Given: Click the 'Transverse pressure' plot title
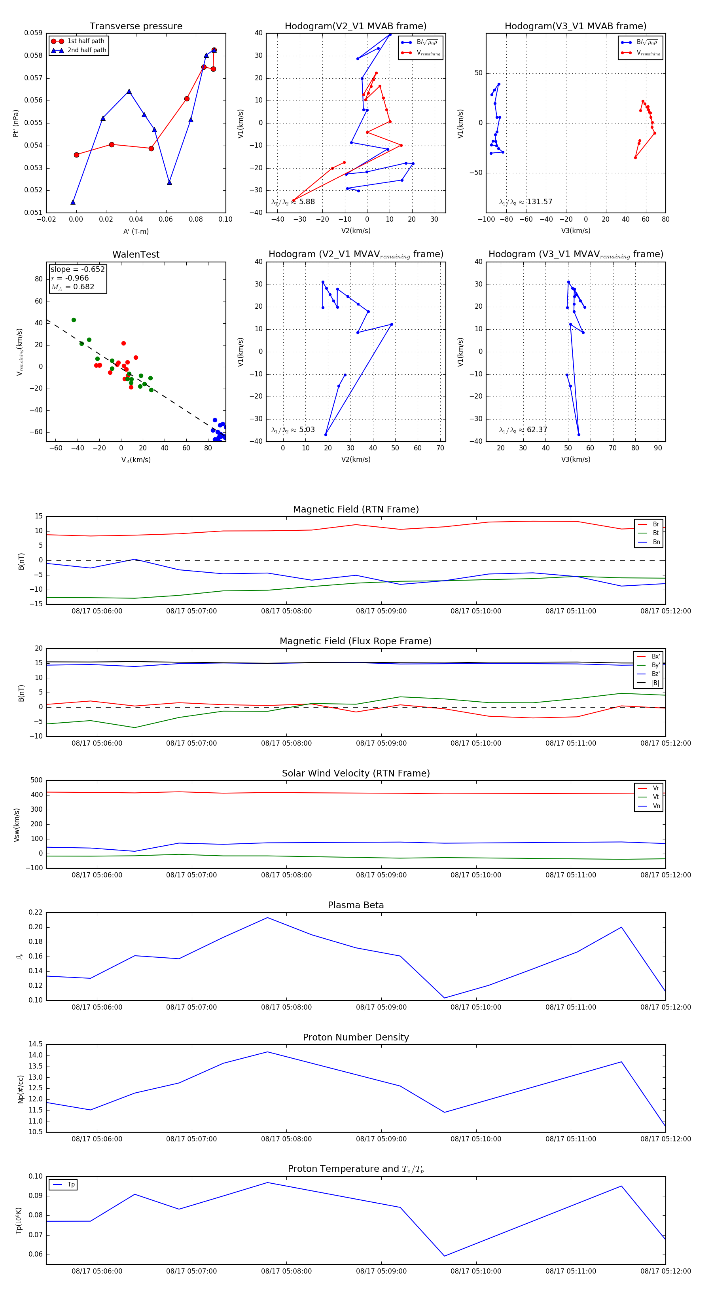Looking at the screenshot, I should [136, 27].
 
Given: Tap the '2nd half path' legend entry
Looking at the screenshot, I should [87, 50].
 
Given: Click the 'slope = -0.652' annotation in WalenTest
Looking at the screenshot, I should [78, 269].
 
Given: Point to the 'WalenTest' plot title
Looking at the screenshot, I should [136, 254].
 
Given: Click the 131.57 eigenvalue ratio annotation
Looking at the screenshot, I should [526, 202].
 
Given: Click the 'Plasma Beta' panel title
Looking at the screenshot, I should [356, 905].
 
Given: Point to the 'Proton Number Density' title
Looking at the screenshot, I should [356, 1037].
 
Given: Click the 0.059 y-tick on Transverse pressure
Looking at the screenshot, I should [34, 33].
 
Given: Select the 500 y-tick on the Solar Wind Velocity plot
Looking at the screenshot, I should [36, 780].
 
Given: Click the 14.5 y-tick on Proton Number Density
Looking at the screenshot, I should [36, 1044].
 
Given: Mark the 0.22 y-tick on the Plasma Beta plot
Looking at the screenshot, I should [36, 913].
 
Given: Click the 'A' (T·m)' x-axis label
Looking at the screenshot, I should [136, 231].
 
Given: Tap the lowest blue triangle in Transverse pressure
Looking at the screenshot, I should [73, 202].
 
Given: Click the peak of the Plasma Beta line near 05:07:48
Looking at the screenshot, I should [267, 918].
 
